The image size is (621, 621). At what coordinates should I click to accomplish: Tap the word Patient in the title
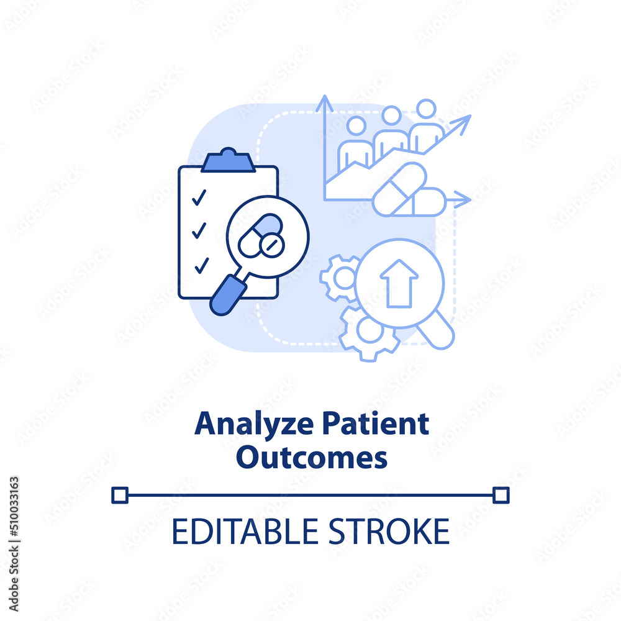pyautogui.click(x=376, y=423)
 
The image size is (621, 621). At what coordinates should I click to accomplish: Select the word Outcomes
pyautogui.click(x=312, y=458)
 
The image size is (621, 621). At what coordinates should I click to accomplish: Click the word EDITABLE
pyautogui.click(x=245, y=531)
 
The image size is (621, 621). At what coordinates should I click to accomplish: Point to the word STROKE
pyautogui.click(x=389, y=531)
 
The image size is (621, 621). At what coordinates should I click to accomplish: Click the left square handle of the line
pyautogui.click(x=120, y=495)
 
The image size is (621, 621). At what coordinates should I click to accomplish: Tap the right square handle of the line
pyautogui.click(x=501, y=495)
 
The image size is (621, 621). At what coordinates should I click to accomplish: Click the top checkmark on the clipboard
pyautogui.click(x=199, y=197)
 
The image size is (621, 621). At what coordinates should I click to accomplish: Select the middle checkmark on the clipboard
pyautogui.click(x=199, y=230)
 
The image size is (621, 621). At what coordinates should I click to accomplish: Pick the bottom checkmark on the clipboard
pyautogui.click(x=202, y=265)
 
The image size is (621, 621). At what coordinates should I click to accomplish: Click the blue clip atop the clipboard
pyautogui.click(x=228, y=160)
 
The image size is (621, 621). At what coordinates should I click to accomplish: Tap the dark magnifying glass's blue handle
pyautogui.click(x=227, y=295)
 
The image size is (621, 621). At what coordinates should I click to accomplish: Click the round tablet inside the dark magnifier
pyautogui.click(x=272, y=245)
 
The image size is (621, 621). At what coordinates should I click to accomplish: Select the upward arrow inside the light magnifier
pyautogui.click(x=399, y=283)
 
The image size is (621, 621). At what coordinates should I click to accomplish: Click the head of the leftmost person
pyautogui.click(x=356, y=126)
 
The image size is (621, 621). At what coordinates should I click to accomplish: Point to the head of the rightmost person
pyautogui.click(x=426, y=109)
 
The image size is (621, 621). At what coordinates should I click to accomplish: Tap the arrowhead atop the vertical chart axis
pyautogui.click(x=324, y=103)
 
